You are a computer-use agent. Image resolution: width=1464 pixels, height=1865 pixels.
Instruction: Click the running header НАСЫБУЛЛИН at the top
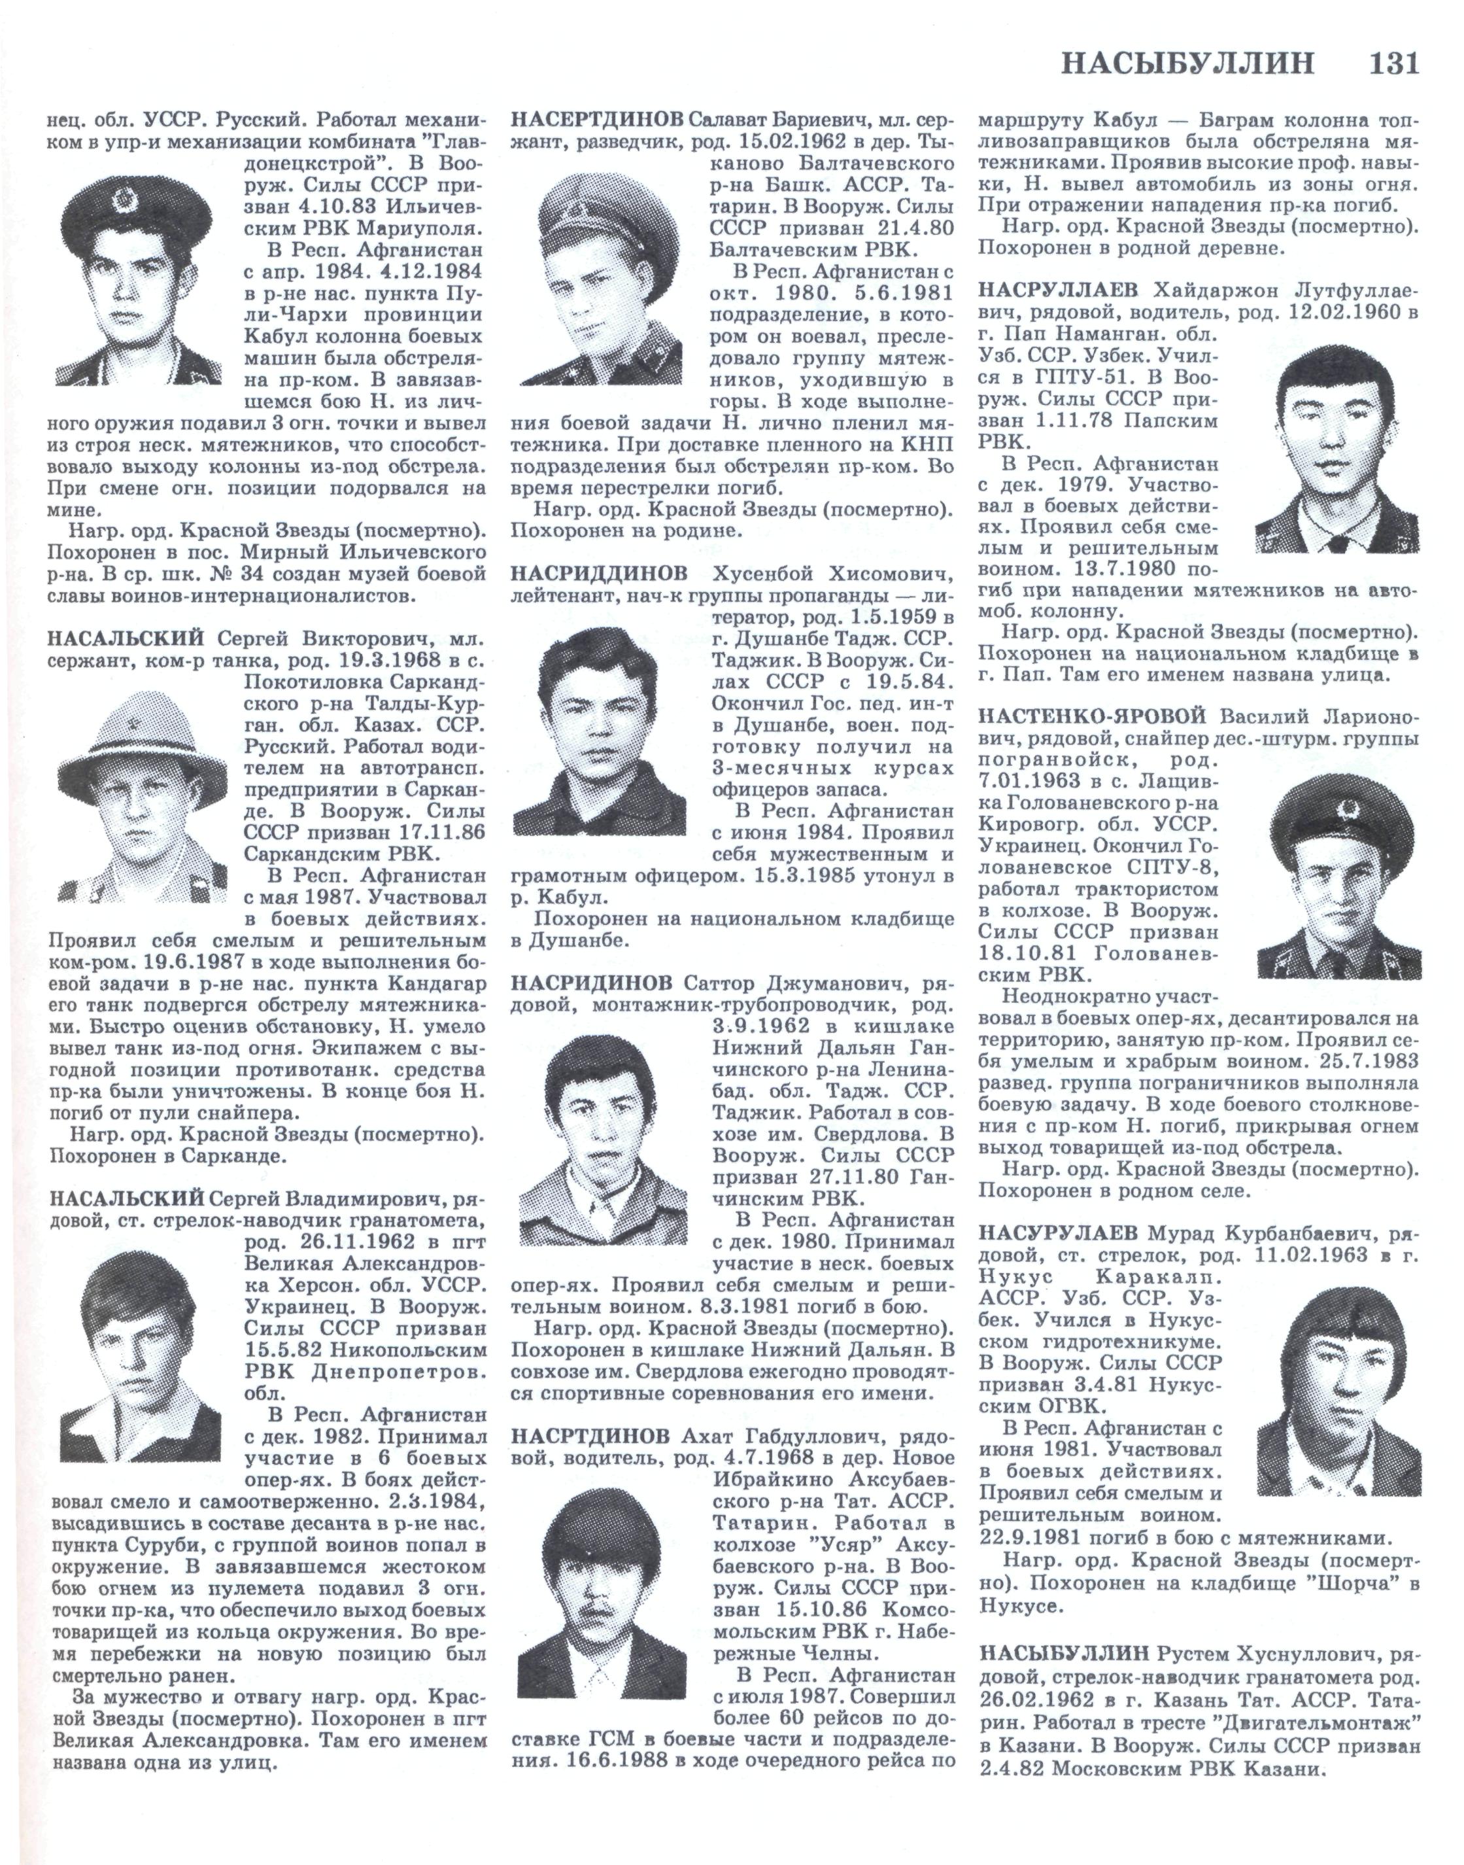click(x=1188, y=64)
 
